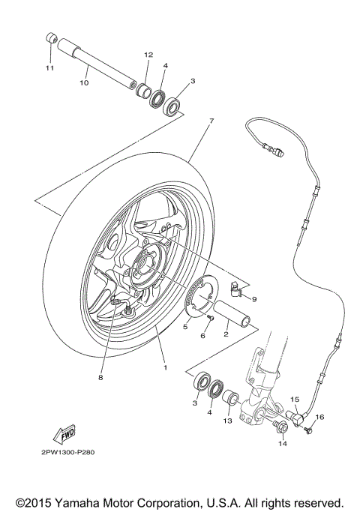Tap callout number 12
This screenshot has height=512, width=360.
tap(148, 55)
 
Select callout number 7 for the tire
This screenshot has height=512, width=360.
tap(211, 120)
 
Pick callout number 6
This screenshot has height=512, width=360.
tap(202, 336)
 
